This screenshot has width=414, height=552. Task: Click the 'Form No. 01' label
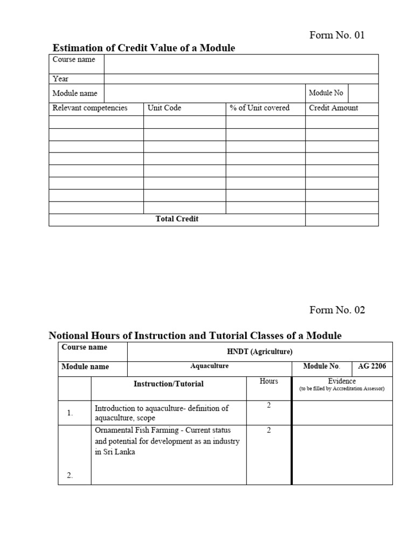[x=337, y=36]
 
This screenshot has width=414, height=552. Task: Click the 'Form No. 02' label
[x=337, y=310]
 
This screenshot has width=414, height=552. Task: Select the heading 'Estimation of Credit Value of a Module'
[x=143, y=49]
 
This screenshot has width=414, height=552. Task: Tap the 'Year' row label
[x=60, y=79]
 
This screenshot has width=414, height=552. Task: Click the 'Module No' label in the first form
[x=326, y=93]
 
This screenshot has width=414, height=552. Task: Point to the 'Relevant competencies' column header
[x=89, y=108]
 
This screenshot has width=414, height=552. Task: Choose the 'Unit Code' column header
[x=164, y=108]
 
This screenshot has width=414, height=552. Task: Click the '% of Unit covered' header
[x=259, y=108]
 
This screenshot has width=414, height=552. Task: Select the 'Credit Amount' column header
[x=333, y=108]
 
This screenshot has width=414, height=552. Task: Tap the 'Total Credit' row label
[x=177, y=219]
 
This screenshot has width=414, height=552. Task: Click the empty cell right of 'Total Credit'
[x=342, y=220]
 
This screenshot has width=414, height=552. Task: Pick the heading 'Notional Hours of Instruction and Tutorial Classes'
[x=195, y=336]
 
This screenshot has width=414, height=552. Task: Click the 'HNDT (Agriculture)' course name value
[x=260, y=352]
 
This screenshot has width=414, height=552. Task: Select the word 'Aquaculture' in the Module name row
[x=210, y=366]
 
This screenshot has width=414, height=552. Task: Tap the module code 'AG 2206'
[x=372, y=367]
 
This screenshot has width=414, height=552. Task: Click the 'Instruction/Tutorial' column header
[x=169, y=384]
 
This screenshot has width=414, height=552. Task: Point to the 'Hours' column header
[x=268, y=381]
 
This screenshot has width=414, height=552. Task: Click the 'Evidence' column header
[x=342, y=381]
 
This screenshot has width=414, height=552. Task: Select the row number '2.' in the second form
[x=70, y=475]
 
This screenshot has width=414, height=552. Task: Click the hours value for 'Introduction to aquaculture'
[x=268, y=405]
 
